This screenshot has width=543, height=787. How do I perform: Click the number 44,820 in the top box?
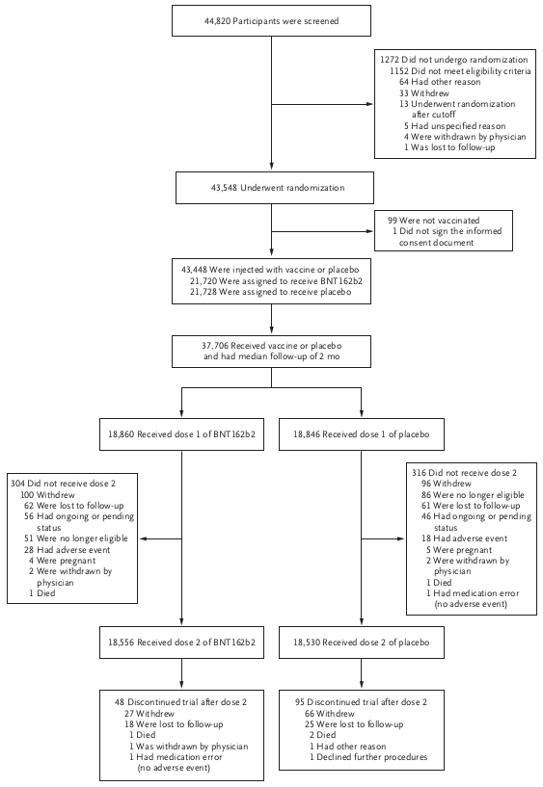click(217, 21)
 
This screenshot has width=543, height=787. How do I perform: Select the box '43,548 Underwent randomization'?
click(274, 188)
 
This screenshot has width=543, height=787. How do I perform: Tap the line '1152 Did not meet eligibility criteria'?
click(460, 70)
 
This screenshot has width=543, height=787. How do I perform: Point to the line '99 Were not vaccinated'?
click(433, 221)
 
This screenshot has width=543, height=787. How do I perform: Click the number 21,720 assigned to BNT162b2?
click(203, 281)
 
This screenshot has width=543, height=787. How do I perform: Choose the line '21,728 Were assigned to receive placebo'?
click(270, 292)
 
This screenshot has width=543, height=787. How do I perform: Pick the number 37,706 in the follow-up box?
click(215, 346)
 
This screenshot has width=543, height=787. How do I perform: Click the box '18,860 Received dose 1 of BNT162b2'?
click(181, 434)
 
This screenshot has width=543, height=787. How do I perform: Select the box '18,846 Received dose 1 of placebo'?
click(361, 434)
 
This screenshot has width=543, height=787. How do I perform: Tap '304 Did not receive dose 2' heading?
click(63, 484)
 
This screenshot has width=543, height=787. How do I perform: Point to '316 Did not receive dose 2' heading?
click(464, 473)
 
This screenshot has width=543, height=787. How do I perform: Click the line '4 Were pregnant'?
click(62, 561)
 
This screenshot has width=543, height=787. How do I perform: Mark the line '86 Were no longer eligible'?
click(473, 495)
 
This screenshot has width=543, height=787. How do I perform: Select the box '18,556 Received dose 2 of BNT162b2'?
click(181, 643)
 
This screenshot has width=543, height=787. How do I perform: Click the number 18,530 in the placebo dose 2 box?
click(307, 643)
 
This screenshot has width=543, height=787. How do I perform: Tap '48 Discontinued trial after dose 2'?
click(180, 702)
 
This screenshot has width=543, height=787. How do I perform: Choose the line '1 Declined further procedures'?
click(368, 757)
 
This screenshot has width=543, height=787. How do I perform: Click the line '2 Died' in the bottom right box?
click(322, 735)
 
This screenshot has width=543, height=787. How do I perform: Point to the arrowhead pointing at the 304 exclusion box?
click(142, 538)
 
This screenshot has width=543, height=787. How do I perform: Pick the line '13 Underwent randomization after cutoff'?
click(457, 109)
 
